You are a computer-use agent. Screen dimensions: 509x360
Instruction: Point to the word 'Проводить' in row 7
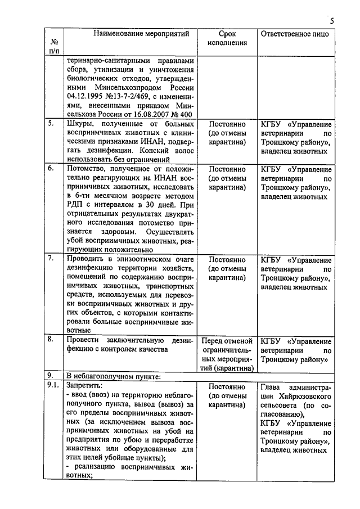click(87, 259)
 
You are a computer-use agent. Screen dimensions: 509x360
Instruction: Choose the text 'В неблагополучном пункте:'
click(109, 376)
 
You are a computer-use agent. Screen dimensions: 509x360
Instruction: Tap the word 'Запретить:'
click(85, 386)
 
